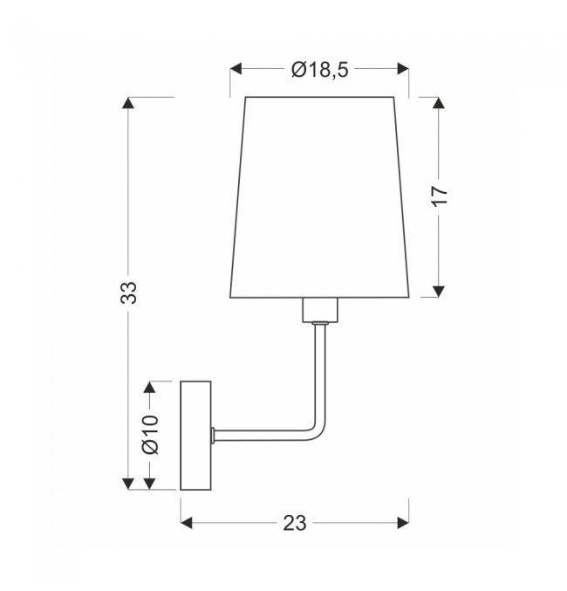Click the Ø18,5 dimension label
tap(320, 70)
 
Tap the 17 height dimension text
tap(440, 196)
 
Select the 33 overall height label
tap(129, 292)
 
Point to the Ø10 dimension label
tap(150, 435)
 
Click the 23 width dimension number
tap(295, 523)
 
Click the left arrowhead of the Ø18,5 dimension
tap(236, 69)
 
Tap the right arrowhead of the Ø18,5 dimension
tap(403, 69)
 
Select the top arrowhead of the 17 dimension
tap(438, 103)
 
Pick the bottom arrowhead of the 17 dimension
tap(438, 292)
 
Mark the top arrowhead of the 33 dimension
tap(128, 103)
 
